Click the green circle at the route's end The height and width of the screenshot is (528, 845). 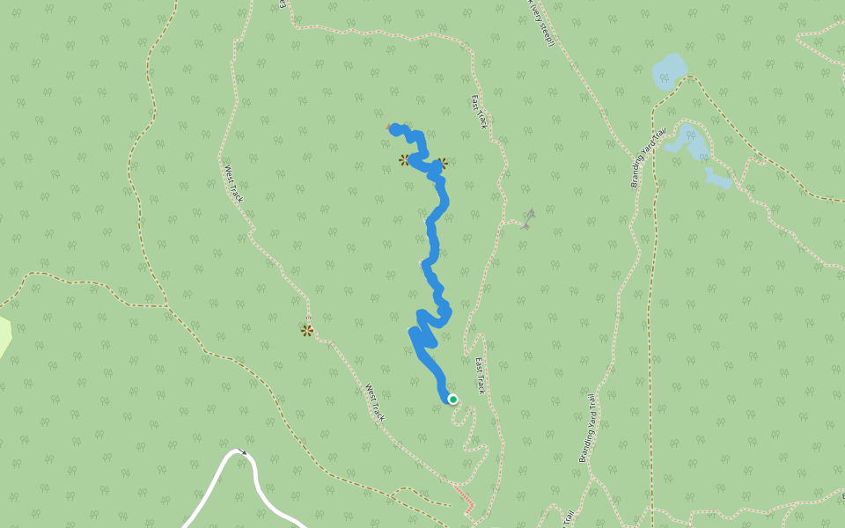[452, 400]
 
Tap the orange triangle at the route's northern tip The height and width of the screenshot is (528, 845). [389, 127]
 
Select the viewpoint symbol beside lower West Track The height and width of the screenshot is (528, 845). [306, 331]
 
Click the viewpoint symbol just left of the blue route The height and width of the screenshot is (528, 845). [404, 160]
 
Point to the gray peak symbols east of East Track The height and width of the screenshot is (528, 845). [529, 218]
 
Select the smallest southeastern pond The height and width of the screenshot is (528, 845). [718, 179]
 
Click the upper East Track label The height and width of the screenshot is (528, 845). [479, 112]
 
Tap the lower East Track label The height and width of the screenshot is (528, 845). [480, 376]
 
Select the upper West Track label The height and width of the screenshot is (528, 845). [233, 184]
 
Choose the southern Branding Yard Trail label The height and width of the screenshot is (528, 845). [588, 429]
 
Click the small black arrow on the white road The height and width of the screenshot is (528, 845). [244, 452]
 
